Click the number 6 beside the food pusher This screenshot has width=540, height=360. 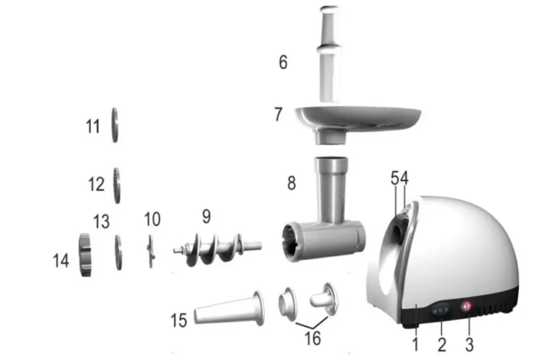(x=283, y=62)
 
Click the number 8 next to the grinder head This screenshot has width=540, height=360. (x=291, y=184)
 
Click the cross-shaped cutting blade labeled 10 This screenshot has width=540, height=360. (x=150, y=250)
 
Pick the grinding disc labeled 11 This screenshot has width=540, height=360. (x=115, y=125)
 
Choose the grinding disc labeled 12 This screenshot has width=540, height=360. (x=116, y=186)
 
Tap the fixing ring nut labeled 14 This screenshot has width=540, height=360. (x=84, y=255)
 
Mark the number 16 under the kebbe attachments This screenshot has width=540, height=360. (x=313, y=338)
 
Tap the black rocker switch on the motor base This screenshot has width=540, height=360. (x=440, y=310)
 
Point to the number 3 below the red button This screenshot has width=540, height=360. (x=470, y=344)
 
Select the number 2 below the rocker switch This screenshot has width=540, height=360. (x=442, y=344)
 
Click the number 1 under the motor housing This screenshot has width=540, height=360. (x=416, y=344)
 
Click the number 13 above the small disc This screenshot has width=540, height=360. (x=101, y=221)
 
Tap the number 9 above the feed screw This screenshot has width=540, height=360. (x=206, y=217)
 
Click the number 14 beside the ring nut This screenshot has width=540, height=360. (x=61, y=261)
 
